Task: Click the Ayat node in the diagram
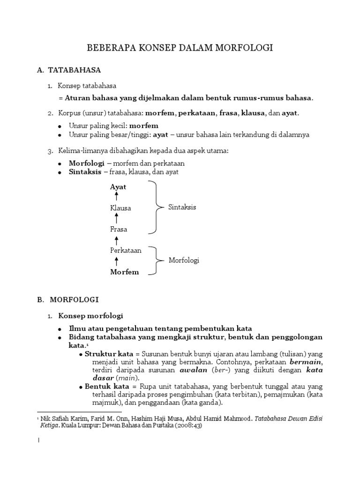point(118,187)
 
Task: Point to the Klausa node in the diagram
point(120,208)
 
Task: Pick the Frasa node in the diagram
point(119,229)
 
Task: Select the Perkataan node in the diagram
point(126,250)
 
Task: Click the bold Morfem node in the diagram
point(124,272)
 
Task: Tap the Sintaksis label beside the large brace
point(182,207)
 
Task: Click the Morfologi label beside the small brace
point(184,261)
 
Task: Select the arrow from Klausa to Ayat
point(117,197)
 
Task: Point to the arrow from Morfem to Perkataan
point(117,261)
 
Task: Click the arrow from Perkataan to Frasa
point(117,240)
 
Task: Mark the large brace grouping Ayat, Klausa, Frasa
point(154,207)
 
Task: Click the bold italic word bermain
point(306,362)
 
